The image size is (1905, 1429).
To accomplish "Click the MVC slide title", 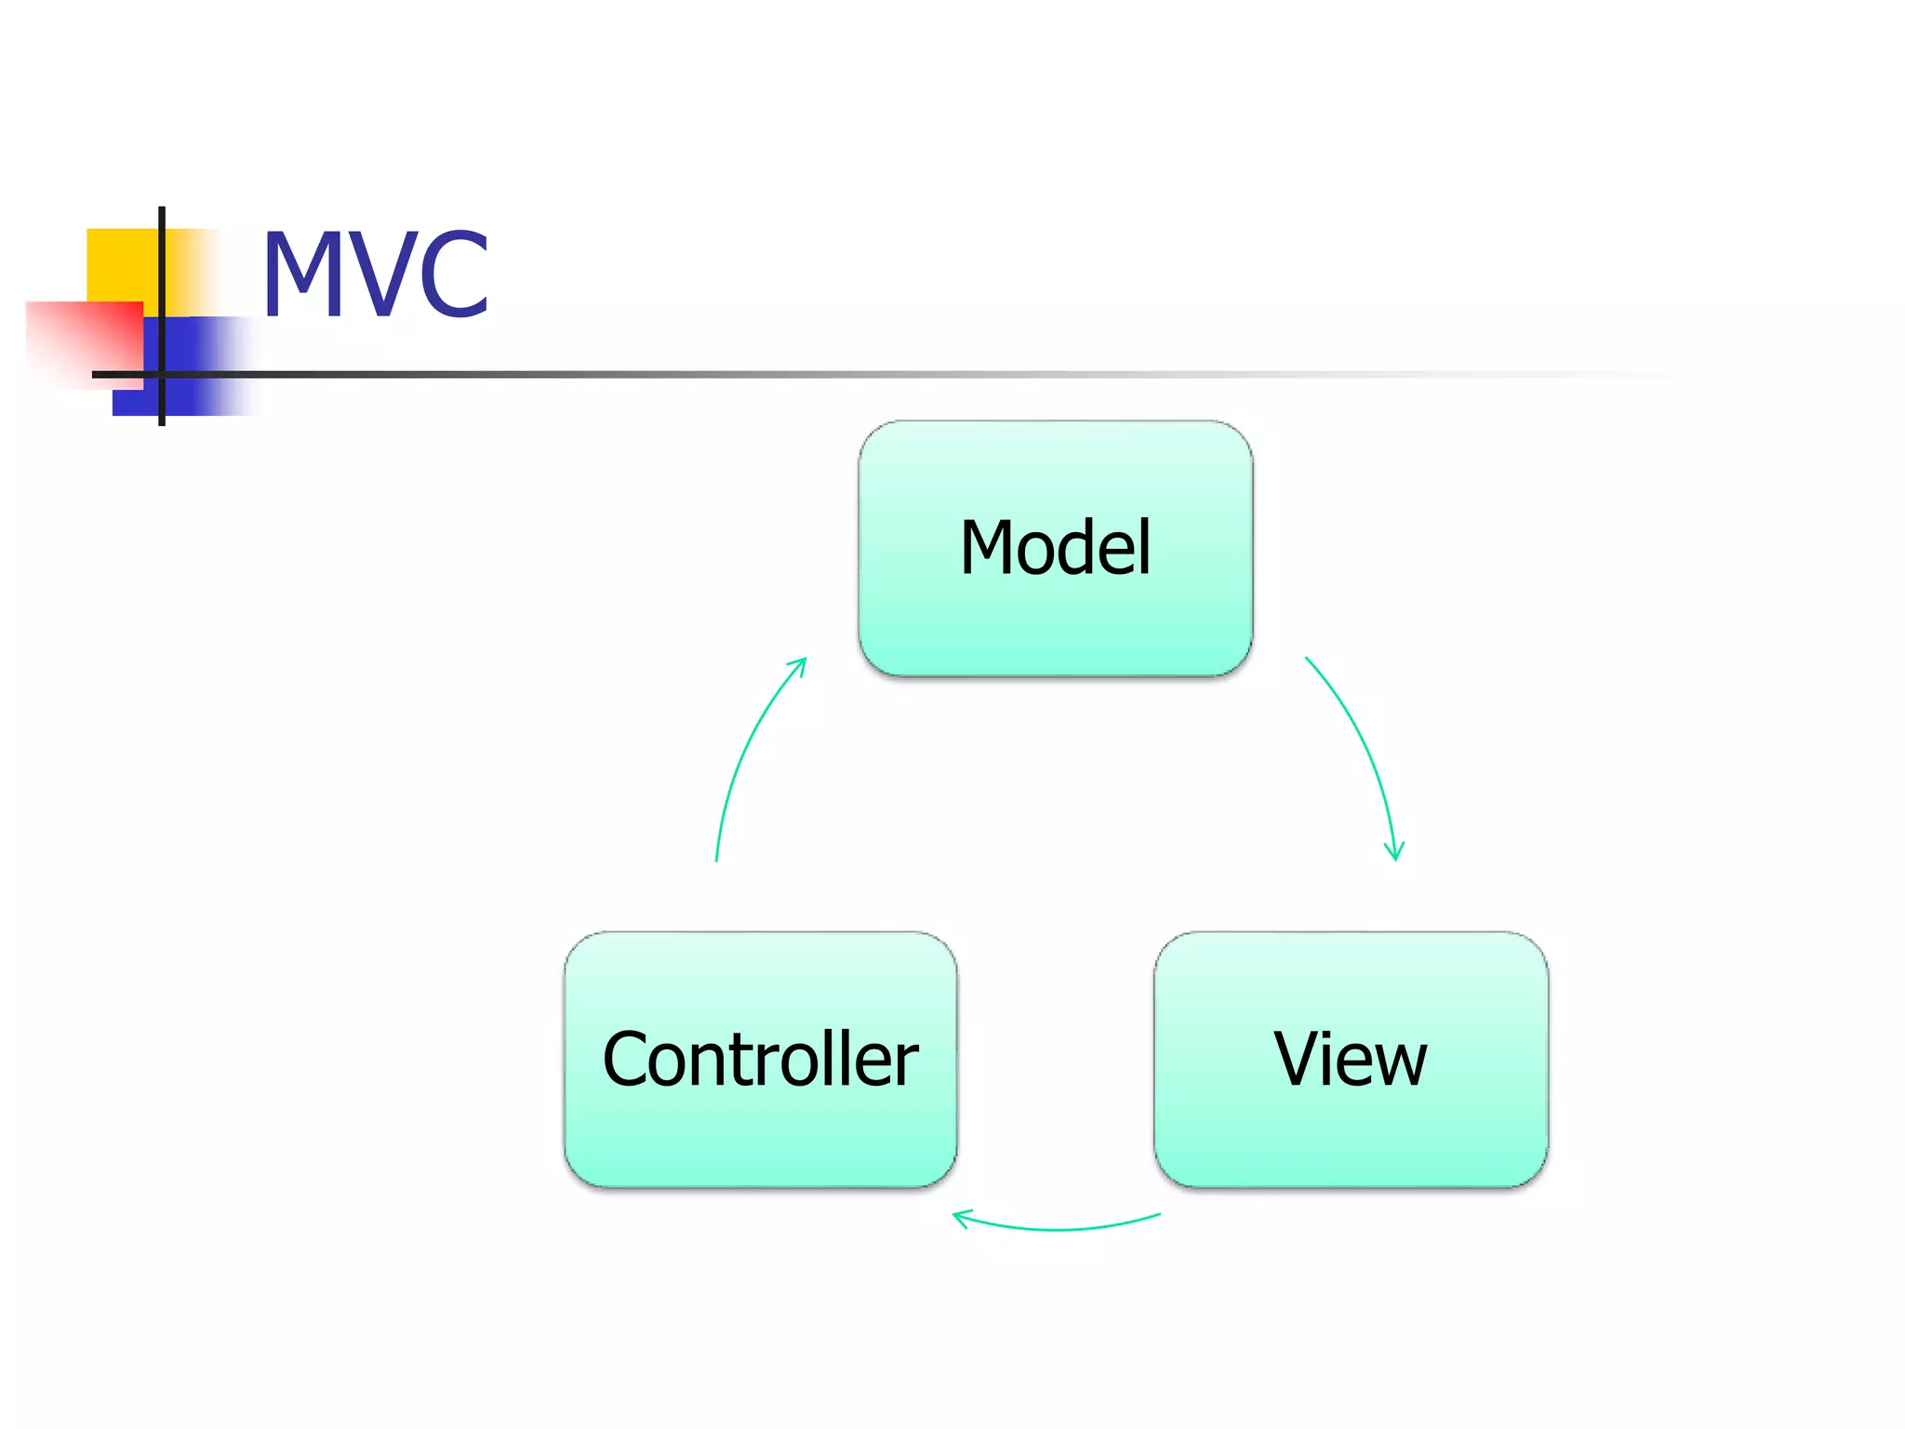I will point(375,274).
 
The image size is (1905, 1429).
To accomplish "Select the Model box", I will point(1055,548).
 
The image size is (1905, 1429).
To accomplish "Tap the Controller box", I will point(760,1059).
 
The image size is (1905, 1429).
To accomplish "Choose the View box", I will point(1351,1059).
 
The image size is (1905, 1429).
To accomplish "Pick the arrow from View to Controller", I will point(1056,1228).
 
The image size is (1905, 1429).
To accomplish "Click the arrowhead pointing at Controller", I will point(961,1217).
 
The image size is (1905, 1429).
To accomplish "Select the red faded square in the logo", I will point(88,340).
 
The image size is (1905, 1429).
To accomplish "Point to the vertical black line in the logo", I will point(162,279).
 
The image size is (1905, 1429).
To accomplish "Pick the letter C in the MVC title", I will point(454,274).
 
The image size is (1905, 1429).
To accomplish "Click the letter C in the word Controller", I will point(629,1059).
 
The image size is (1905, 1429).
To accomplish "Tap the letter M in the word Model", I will point(988,548).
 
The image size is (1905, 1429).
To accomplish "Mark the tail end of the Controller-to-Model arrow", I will point(716,859).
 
